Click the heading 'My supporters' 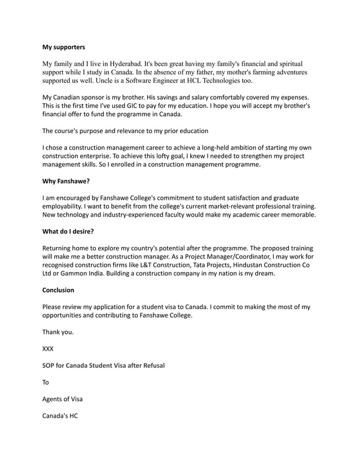click(64, 47)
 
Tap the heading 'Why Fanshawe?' click(66, 182)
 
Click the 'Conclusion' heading click(58, 290)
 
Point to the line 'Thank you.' click(58, 332)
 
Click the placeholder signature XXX click(48, 349)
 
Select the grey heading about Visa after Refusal click(104, 366)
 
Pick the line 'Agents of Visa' click(62, 399)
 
